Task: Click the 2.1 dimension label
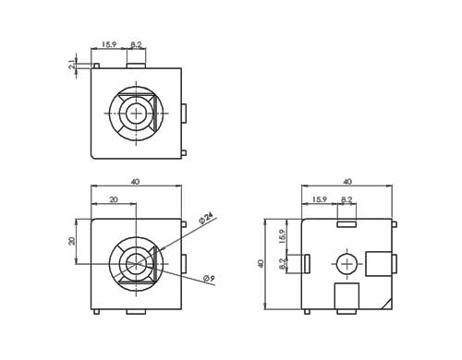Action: pyautogui.click(x=72, y=66)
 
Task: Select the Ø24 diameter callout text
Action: pyautogui.click(x=206, y=218)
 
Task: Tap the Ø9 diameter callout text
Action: pyautogui.click(x=209, y=279)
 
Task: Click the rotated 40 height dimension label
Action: pyautogui.click(x=261, y=264)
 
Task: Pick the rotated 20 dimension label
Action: pyautogui.click(x=72, y=241)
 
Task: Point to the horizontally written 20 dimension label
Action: pyautogui.click(x=114, y=199)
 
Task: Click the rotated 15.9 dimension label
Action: pyautogui.click(x=282, y=236)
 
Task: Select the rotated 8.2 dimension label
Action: pyautogui.click(x=282, y=264)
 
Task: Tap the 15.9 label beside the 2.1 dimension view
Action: pyautogui.click(x=109, y=44)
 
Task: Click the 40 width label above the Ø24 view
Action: pyautogui.click(x=135, y=182)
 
